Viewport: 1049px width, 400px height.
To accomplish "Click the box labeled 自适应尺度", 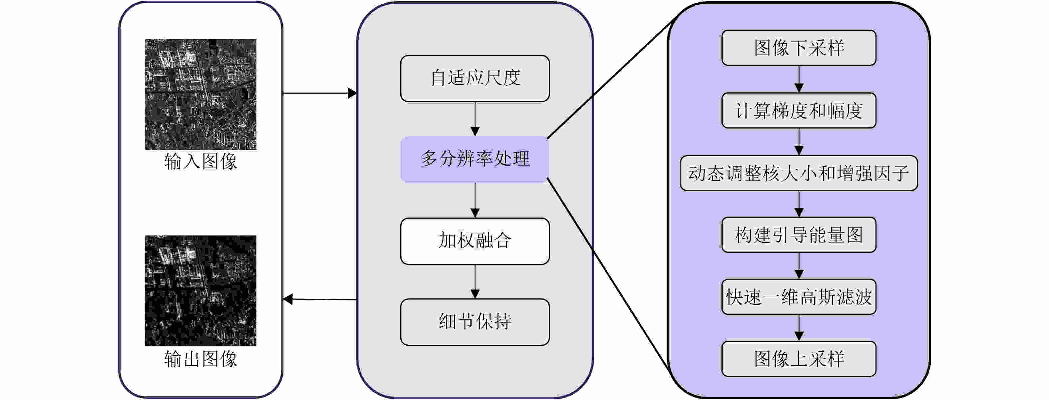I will click(475, 78).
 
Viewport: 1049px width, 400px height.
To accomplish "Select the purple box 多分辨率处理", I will click(475, 159).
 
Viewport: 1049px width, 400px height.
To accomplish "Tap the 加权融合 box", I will click(475, 241).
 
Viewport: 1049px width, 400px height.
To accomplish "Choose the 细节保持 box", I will click(475, 322).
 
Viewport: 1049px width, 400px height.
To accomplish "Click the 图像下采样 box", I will click(799, 48).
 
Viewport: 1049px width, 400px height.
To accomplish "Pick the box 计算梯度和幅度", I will click(799, 110).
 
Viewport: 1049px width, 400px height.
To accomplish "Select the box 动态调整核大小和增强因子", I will click(799, 173).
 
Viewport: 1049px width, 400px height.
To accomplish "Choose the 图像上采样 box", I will click(799, 358).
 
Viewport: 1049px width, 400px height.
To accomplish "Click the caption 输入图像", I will click(201, 162).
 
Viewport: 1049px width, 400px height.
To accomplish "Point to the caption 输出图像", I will click(201, 359).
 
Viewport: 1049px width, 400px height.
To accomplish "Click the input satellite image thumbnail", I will click(201, 94).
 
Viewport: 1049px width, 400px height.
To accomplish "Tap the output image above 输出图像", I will click(201, 290).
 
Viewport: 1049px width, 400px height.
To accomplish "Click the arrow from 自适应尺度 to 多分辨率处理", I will click(475, 119).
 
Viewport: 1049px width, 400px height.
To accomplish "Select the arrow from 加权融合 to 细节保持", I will click(475, 282).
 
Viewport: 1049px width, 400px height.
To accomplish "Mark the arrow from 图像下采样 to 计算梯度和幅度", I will click(799, 79).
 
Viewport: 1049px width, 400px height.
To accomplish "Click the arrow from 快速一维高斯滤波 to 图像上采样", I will click(799, 328).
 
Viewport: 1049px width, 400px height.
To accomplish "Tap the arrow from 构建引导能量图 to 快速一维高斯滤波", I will click(799, 265).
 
